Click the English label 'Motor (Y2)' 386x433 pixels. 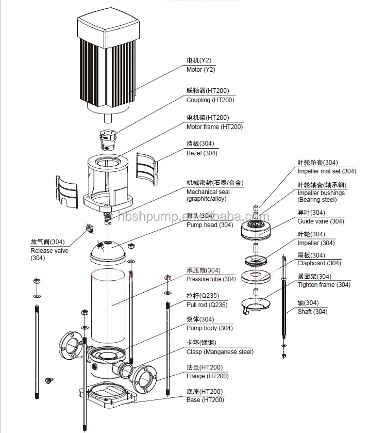click(201, 70)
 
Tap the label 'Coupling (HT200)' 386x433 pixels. click(210, 100)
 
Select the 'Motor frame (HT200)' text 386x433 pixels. click(214, 127)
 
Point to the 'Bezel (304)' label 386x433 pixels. click(202, 153)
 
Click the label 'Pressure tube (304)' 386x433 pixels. click(211, 279)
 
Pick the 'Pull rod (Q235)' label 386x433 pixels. click(207, 305)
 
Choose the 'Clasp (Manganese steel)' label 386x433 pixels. click(220, 352)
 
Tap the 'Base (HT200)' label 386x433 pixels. click(205, 400)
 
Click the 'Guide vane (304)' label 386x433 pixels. click(321, 221)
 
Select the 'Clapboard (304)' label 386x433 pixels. click(319, 263)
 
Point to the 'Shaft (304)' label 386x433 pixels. click(312, 311)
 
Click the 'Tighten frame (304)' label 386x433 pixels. click(324, 285)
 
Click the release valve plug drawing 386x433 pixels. click(89, 228)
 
